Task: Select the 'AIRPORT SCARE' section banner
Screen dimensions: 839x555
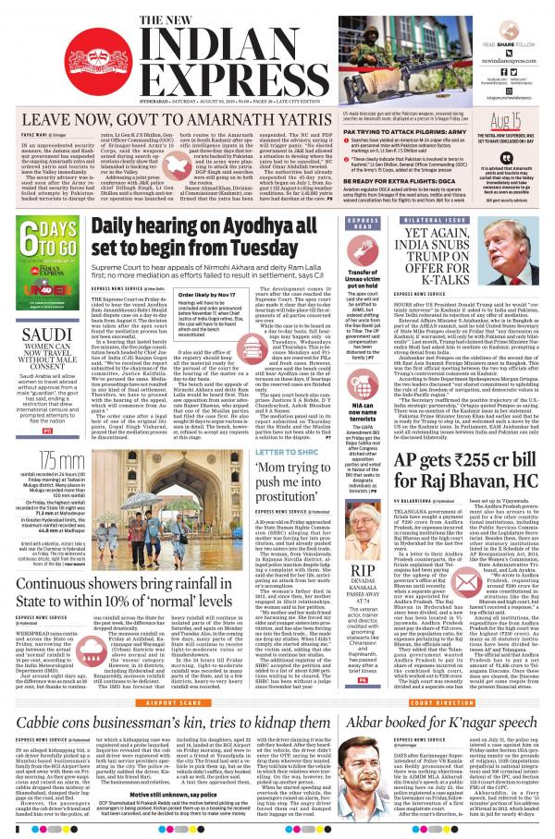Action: click(169, 699)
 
